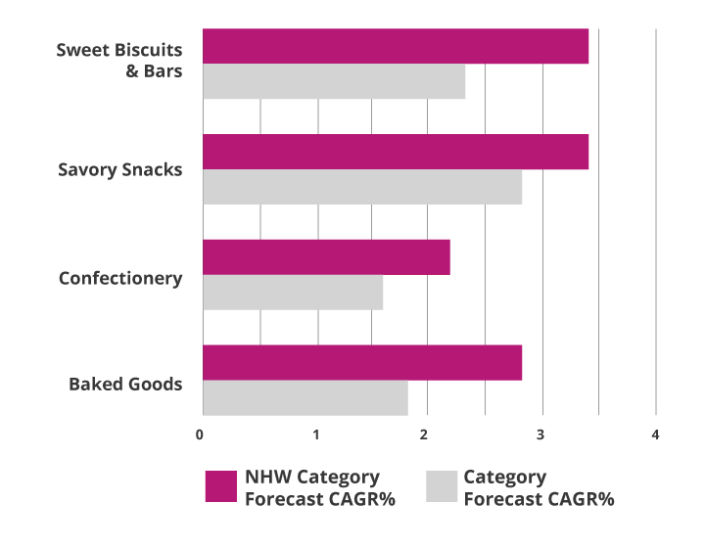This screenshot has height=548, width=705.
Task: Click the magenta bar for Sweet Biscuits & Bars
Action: click(x=396, y=46)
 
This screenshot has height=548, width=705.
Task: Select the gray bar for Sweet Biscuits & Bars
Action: click(x=334, y=81)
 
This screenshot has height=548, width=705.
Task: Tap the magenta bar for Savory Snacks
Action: click(x=396, y=152)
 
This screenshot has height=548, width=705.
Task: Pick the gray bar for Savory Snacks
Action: click(x=362, y=187)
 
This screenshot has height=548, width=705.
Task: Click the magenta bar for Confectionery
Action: click(x=326, y=257)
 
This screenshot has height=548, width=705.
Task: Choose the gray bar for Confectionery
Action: click(x=293, y=293)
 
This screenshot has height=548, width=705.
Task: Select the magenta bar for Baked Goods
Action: click(x=362, y=363)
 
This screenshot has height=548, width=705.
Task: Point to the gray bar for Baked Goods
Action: click(x=305, y=398)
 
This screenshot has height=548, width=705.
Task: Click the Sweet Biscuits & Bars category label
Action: click(x=119, y=61)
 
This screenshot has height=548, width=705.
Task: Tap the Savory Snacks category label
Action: click(x=119, y=169)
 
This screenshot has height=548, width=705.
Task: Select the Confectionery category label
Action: click(x=119, y=278)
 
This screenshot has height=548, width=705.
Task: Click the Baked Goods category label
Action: click(x=125, y=384)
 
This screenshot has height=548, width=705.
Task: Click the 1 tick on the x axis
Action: click(x=316, y=434)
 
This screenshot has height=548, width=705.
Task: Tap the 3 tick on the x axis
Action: click(x=541, y=434)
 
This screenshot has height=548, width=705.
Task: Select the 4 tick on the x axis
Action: click(x=655, y=434)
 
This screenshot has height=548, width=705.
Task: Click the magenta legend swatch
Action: click(x=220, y=487)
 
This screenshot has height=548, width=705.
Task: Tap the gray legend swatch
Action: click(x=443, y=487)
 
